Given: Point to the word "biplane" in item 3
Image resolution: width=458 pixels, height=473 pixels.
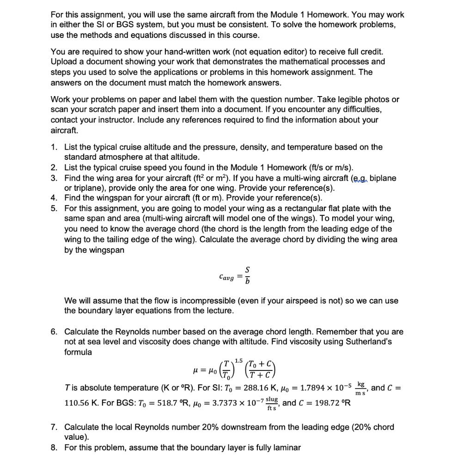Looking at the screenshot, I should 381,178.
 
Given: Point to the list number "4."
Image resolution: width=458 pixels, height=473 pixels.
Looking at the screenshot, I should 54,198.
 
